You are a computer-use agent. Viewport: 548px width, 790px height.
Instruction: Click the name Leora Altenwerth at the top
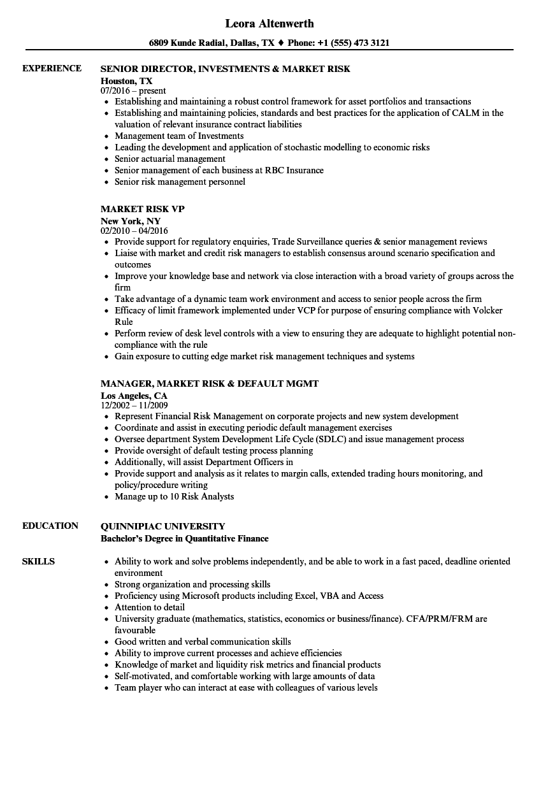tap(270, 24)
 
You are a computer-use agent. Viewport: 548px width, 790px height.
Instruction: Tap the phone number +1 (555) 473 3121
tap(354, 43)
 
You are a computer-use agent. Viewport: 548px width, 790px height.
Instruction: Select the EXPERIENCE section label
tap(52, 68)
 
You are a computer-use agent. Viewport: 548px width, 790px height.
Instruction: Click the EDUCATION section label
tap(50, 526)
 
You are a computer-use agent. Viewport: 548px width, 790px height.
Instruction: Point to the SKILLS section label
tap(38, 561)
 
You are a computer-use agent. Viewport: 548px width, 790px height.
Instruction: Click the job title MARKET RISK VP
tap(143, 209)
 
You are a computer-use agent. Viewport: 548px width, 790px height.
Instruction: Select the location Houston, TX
tap(127, 81)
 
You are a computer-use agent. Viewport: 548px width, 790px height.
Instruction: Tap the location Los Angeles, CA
tap(134, 396)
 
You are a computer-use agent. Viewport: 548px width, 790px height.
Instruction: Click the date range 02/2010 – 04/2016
tap(134, 231)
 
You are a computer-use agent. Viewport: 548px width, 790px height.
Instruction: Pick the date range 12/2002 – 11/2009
tap(134, 405)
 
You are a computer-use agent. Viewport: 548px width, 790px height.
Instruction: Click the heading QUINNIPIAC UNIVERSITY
tap(163, 526)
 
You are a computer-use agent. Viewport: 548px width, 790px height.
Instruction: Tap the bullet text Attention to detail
tap(150, 607)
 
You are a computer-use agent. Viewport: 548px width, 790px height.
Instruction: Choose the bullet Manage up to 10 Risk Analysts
tap(174, 496)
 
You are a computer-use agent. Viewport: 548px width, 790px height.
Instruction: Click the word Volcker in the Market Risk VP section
tap(486, 310)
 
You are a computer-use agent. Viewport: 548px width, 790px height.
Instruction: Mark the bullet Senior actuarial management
tap(170, 159)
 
